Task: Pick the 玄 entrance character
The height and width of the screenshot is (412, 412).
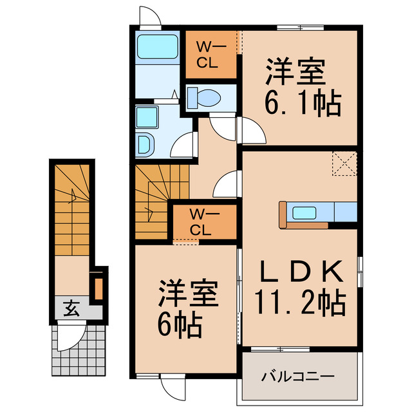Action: (71, 309)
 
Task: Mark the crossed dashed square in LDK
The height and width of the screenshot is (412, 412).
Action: (345, 163)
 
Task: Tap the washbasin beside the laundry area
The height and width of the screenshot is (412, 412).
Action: (145, 143)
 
